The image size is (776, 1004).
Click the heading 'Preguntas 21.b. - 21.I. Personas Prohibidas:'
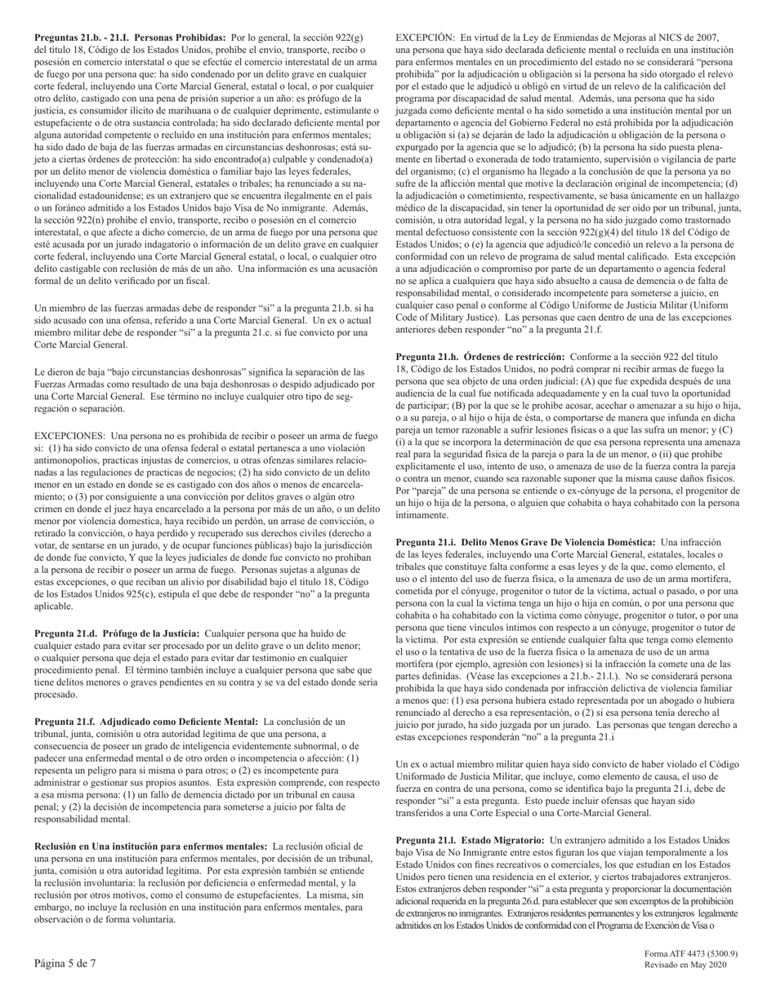(130, 38)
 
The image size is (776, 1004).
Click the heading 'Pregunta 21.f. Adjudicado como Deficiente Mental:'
(146, 722)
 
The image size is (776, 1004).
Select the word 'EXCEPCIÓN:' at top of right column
(424, 38)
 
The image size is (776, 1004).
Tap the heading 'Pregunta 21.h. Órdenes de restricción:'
(480, 357)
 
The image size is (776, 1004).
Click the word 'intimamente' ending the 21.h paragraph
(423, 516)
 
